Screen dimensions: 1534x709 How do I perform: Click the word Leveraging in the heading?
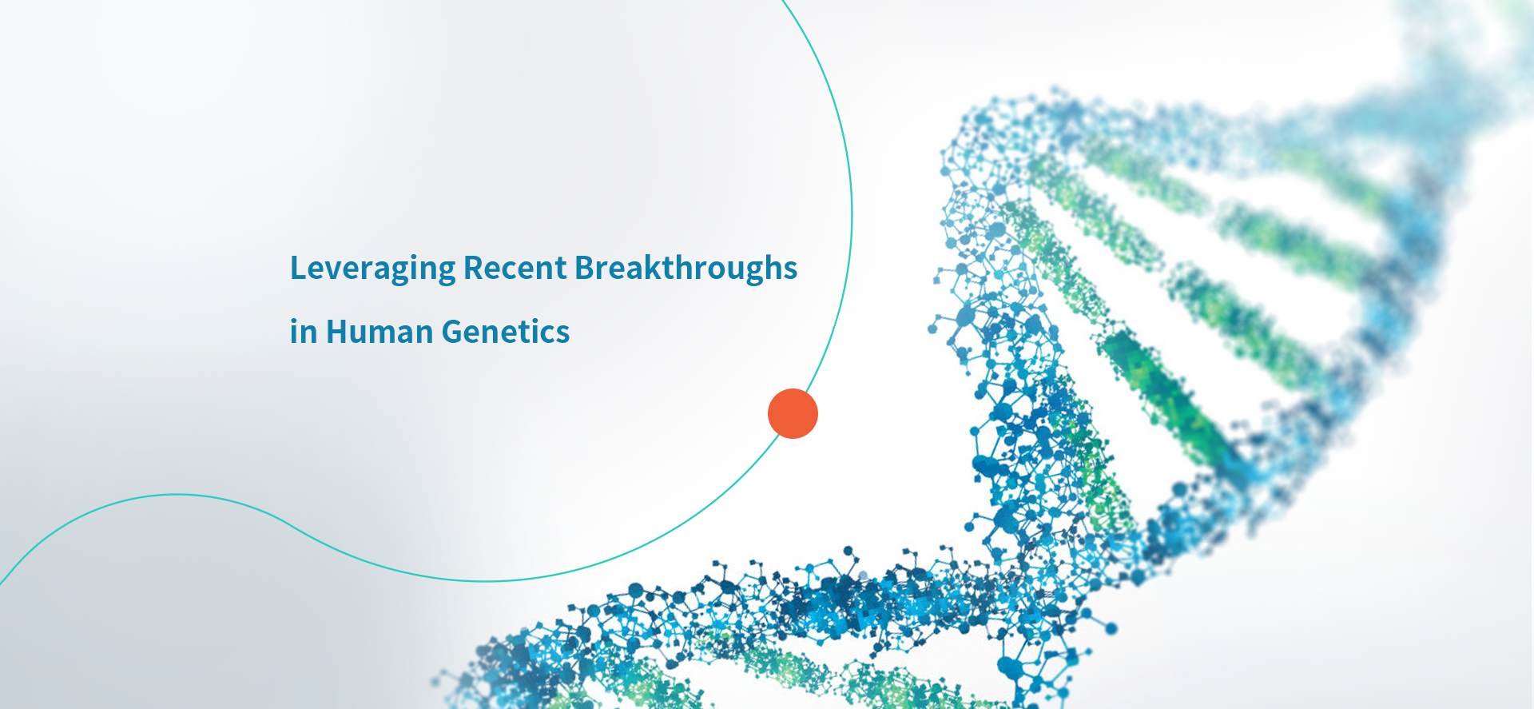click(x=372, y=269)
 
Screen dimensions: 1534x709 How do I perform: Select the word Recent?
click(x=515, y=268)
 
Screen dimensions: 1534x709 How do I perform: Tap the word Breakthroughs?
click(x=686, y=269)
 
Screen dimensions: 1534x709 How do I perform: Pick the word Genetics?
click(x=506, y=332)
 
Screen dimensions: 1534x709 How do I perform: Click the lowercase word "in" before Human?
click(x=304, y=332)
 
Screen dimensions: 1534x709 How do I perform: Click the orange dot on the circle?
click(x=793, y=413)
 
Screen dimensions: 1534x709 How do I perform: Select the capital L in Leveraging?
click(x=299, y=268)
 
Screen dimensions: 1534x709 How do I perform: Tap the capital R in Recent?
click(x=473, y=268)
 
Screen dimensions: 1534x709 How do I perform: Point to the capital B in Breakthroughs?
click(x=585, y=268)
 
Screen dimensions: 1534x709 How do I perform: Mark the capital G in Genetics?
click(x=452, y=332)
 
